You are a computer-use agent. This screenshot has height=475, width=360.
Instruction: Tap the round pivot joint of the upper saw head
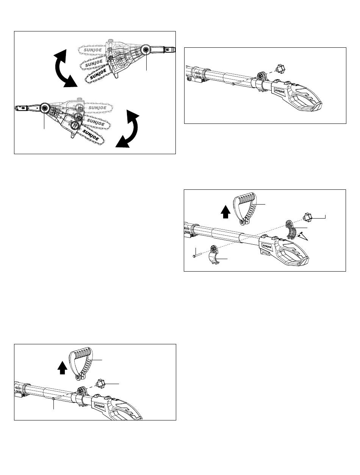(x=145, y=50)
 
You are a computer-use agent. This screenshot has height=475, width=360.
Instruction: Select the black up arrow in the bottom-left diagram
(x=62, y=366)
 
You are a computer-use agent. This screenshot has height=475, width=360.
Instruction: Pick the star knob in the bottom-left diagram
(x=101, y=384)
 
